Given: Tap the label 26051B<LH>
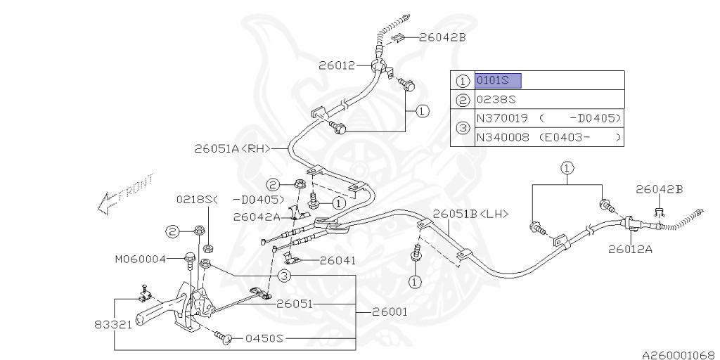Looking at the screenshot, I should point(470,214).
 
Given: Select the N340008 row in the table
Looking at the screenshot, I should point(549,138).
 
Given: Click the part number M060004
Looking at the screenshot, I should point(140,259).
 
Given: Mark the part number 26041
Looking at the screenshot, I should point(337,260).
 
